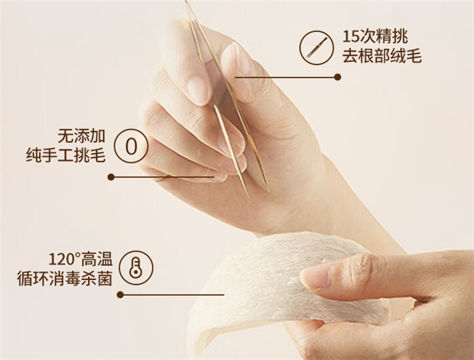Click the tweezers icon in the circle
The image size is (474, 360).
click(x=316, y=47)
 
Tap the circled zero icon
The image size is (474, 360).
click(x=131, y=146)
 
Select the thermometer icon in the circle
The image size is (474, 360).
click(x=136, y=267)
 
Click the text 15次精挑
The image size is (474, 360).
click(x=375, y=36)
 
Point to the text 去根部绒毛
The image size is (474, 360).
click(x=382, y=56)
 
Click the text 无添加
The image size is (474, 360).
click(x=82, y=136)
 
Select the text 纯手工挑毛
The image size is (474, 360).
click(x=66, y=156)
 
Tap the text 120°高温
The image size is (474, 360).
click(x=80, y=259)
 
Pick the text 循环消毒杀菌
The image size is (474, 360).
click(x=65, y=278)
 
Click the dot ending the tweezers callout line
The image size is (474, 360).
click(x=338, y=77)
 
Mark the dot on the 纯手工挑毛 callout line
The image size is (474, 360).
click(x=111, y=177)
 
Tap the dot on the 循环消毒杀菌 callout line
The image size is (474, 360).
click(x=120, y=294)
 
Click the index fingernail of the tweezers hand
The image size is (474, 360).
click(x=198, y=87)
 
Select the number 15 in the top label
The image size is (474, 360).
click(x=351, y=37)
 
